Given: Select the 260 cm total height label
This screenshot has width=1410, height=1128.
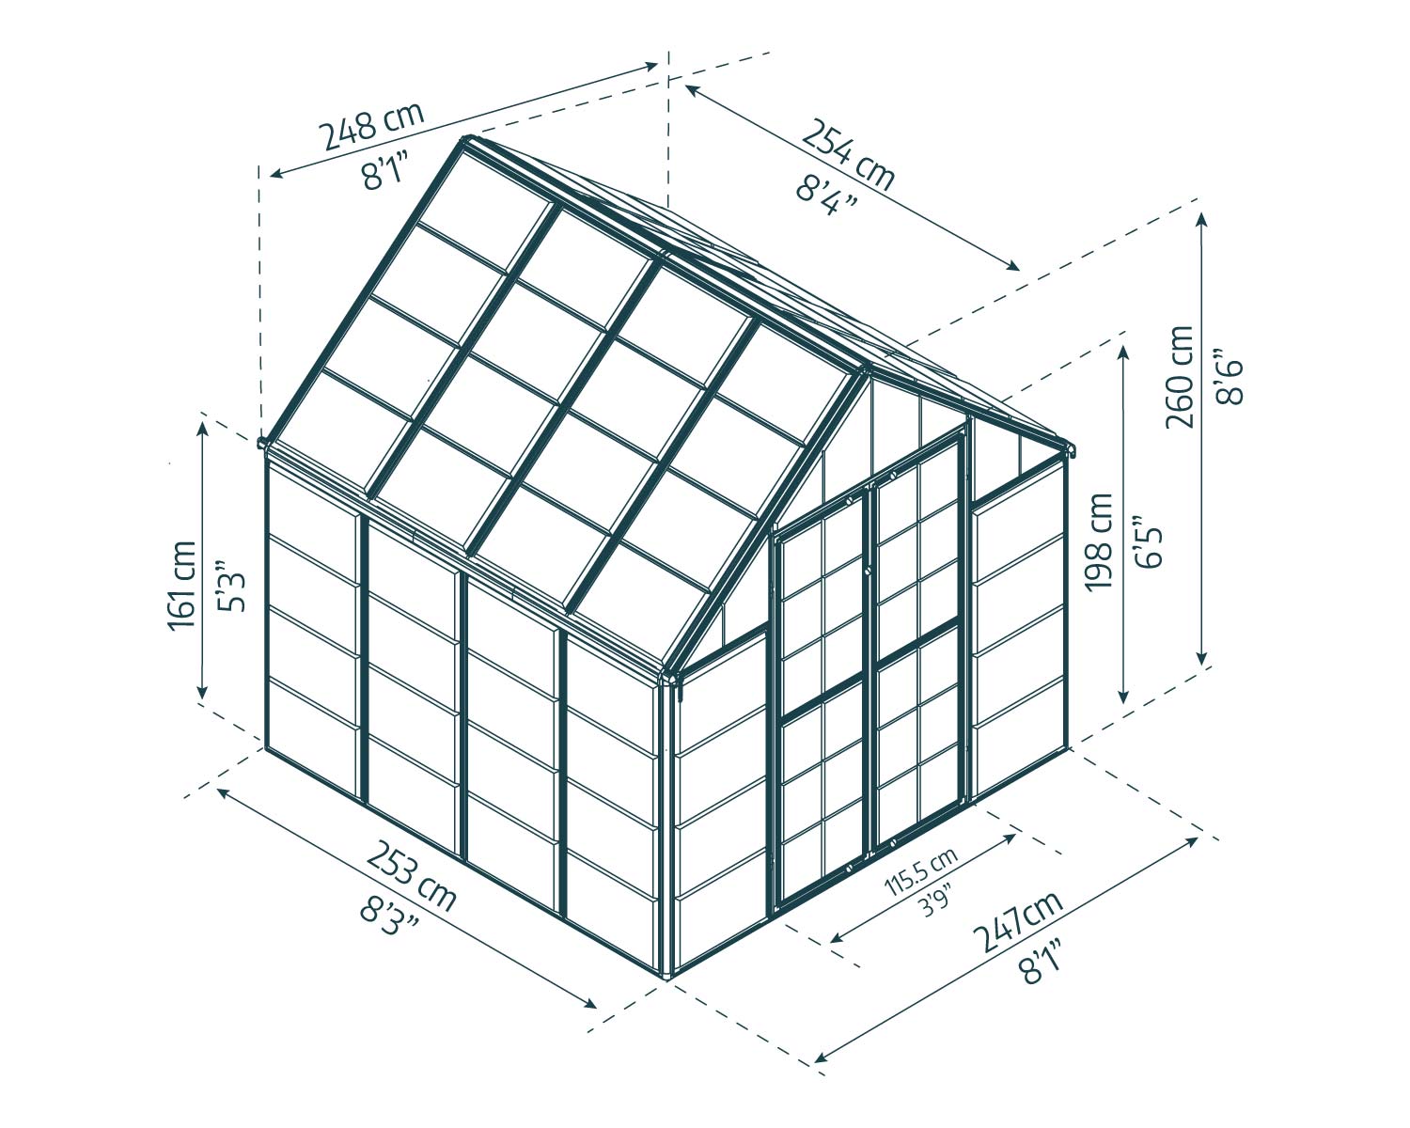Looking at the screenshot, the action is (x=1180, y=377).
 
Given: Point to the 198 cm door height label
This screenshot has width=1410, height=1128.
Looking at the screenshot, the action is (x=1099, y=542).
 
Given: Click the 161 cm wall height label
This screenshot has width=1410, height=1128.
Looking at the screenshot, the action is (x=182, y=586).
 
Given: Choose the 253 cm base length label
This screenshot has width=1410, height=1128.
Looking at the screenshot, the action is (x=410, y=876).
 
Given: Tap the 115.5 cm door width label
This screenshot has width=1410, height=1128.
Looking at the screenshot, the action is (x=921, y=871).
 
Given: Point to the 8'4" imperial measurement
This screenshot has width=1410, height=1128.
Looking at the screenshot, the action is (x=827, y=196).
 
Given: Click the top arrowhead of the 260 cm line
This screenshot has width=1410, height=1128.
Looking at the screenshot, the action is (x=1201, y=219).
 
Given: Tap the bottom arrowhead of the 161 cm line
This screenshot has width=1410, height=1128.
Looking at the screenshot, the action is (x=202, y=692).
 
